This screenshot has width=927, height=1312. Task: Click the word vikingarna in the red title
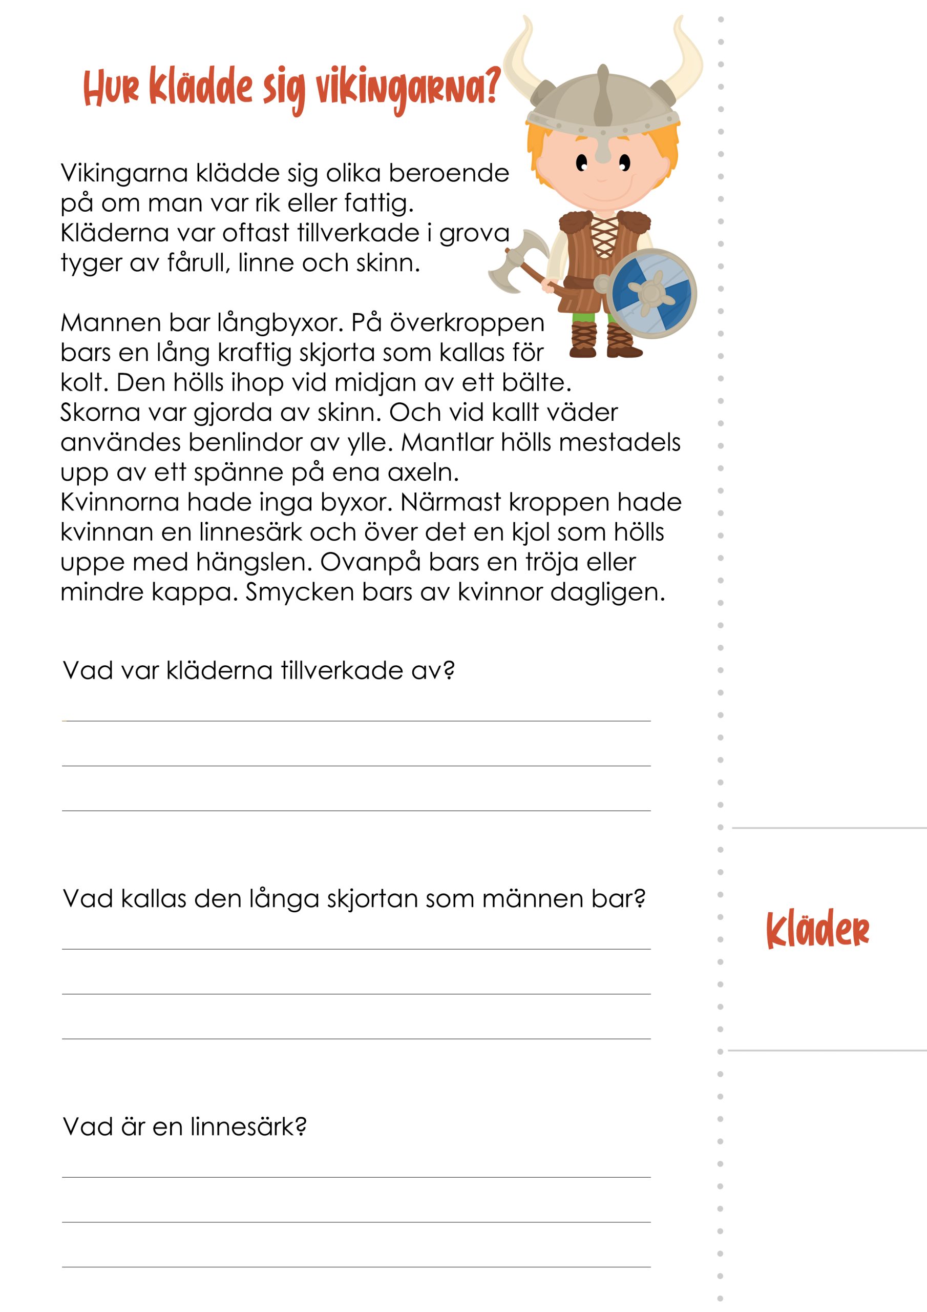(408, 89)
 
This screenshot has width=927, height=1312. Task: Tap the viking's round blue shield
(651, 293)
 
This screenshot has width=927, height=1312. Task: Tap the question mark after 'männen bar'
(640, 898)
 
